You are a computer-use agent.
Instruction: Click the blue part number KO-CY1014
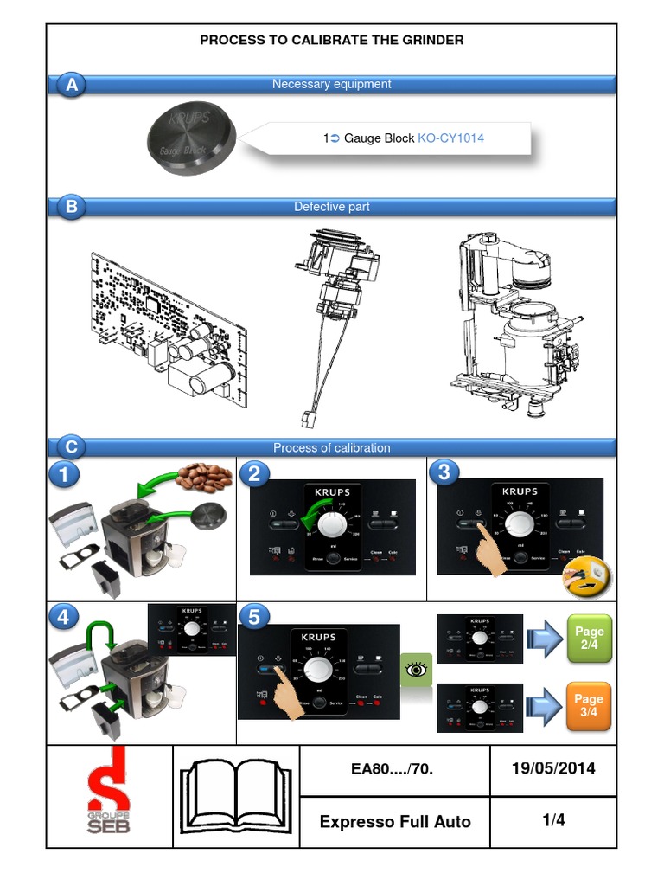[x=450, y=138]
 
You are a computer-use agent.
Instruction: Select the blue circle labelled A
[x=72, y=86]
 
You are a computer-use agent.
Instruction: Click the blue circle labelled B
[x=72, y=208]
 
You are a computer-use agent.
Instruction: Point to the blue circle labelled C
[x=72, y=447]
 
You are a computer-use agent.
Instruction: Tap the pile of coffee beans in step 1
[x=204, y=477]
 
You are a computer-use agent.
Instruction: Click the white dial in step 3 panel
[x=520, y=523]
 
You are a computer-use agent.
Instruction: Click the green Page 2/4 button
[x=589, y=639]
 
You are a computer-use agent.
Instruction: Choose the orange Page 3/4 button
[x=589, y=705]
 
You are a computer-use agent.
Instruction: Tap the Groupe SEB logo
[x=109, y=795]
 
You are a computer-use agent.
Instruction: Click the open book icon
[x=236, y=795]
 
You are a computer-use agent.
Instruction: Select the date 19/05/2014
[x=553, y=768]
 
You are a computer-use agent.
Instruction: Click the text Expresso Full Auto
[x=395, y=822]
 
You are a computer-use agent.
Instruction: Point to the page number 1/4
[x=553, y=820]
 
